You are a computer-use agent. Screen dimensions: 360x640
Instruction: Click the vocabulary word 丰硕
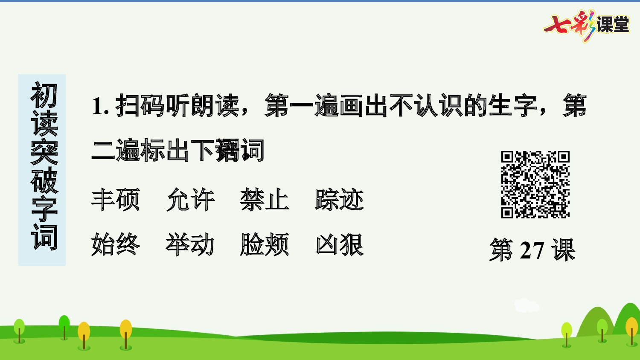coord(115,200)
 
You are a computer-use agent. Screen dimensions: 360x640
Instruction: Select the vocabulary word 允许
coord(190,200)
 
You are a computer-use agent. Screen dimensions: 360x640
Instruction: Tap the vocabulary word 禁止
coord(265,200)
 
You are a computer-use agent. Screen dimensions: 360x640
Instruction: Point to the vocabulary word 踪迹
coord(340,200)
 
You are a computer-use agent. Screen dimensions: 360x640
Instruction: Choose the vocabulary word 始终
coord(115,244)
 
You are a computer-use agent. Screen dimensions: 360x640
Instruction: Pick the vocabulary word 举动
coord(190,244)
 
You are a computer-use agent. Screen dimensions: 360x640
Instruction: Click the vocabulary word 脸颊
coord(265,244)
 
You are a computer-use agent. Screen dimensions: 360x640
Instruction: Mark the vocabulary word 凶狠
coord(340,244)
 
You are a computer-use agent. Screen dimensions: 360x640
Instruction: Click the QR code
coord(535,184)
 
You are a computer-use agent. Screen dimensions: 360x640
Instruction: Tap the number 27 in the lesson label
coord(532,250)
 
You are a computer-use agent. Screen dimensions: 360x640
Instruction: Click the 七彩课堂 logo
coord(586,25)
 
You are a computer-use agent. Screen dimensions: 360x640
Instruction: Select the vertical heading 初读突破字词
coord(43,166)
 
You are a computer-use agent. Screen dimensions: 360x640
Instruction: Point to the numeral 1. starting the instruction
coord(100,106)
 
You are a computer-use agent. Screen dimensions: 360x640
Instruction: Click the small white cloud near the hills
coord(527,305)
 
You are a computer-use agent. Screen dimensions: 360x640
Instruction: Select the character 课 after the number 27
coord(563,250)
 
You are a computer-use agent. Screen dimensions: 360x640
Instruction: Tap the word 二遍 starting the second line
coord(116,150)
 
